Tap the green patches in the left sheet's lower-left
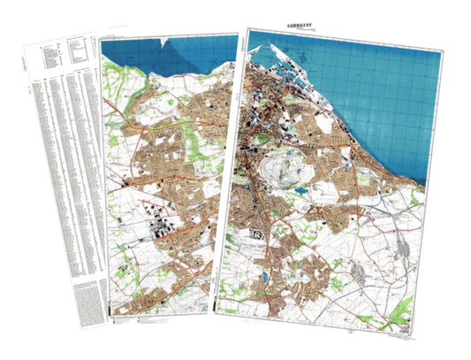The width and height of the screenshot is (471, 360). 124,257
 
